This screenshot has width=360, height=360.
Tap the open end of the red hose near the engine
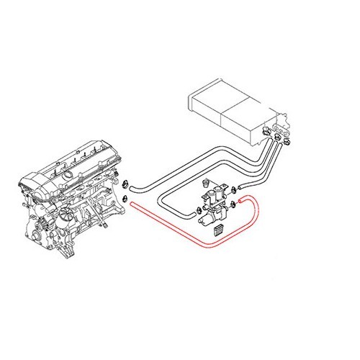pos(134,206)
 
